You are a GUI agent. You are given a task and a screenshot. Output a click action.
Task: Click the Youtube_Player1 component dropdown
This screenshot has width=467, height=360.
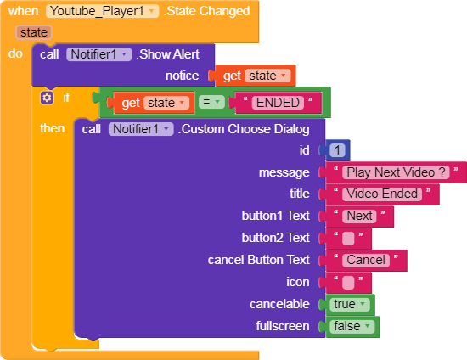pos(102,11)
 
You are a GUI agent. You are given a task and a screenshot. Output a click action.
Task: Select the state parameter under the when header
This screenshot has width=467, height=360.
pos(34,32)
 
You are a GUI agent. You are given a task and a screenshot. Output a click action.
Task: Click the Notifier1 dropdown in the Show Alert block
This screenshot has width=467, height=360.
pos(98,54)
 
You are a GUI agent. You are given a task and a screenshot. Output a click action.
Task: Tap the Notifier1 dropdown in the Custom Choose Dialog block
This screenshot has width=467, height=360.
pos(141,129)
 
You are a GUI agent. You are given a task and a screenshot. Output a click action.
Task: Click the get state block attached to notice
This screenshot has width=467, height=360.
pos(253,76)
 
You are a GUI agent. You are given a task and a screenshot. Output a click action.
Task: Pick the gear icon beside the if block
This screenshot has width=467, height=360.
pos(47,98)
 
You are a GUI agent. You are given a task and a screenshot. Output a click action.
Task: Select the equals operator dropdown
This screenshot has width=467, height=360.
pos(211,102)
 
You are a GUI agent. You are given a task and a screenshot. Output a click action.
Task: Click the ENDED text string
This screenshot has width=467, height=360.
pos(278,103)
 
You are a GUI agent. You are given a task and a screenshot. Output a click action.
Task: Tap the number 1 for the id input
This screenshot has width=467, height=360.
pos(337,150)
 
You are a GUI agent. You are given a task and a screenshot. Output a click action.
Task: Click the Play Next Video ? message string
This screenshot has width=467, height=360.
pos(396,172)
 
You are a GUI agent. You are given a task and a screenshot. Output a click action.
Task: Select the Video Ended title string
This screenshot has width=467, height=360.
pos(382,194)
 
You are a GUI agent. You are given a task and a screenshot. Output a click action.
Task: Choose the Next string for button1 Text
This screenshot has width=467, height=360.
pos(359,216)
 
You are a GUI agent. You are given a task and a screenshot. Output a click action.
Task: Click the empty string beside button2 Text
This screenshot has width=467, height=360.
pos(348,239)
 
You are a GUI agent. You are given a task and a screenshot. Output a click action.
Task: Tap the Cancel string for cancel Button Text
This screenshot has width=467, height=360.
pos(366,261)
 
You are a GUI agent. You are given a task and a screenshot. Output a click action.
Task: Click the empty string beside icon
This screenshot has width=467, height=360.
pos(348,282)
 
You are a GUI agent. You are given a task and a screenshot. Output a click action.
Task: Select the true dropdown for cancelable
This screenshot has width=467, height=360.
pos(350,304)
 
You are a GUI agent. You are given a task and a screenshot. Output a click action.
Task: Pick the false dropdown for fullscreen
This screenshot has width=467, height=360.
pos(352,326)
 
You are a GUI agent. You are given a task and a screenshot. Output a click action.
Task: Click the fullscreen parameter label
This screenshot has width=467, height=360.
pos(283,326)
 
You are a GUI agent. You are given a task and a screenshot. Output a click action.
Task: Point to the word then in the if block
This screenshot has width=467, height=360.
pos(52,128)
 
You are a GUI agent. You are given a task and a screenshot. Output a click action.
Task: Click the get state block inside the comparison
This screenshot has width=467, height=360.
pos(153,103)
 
